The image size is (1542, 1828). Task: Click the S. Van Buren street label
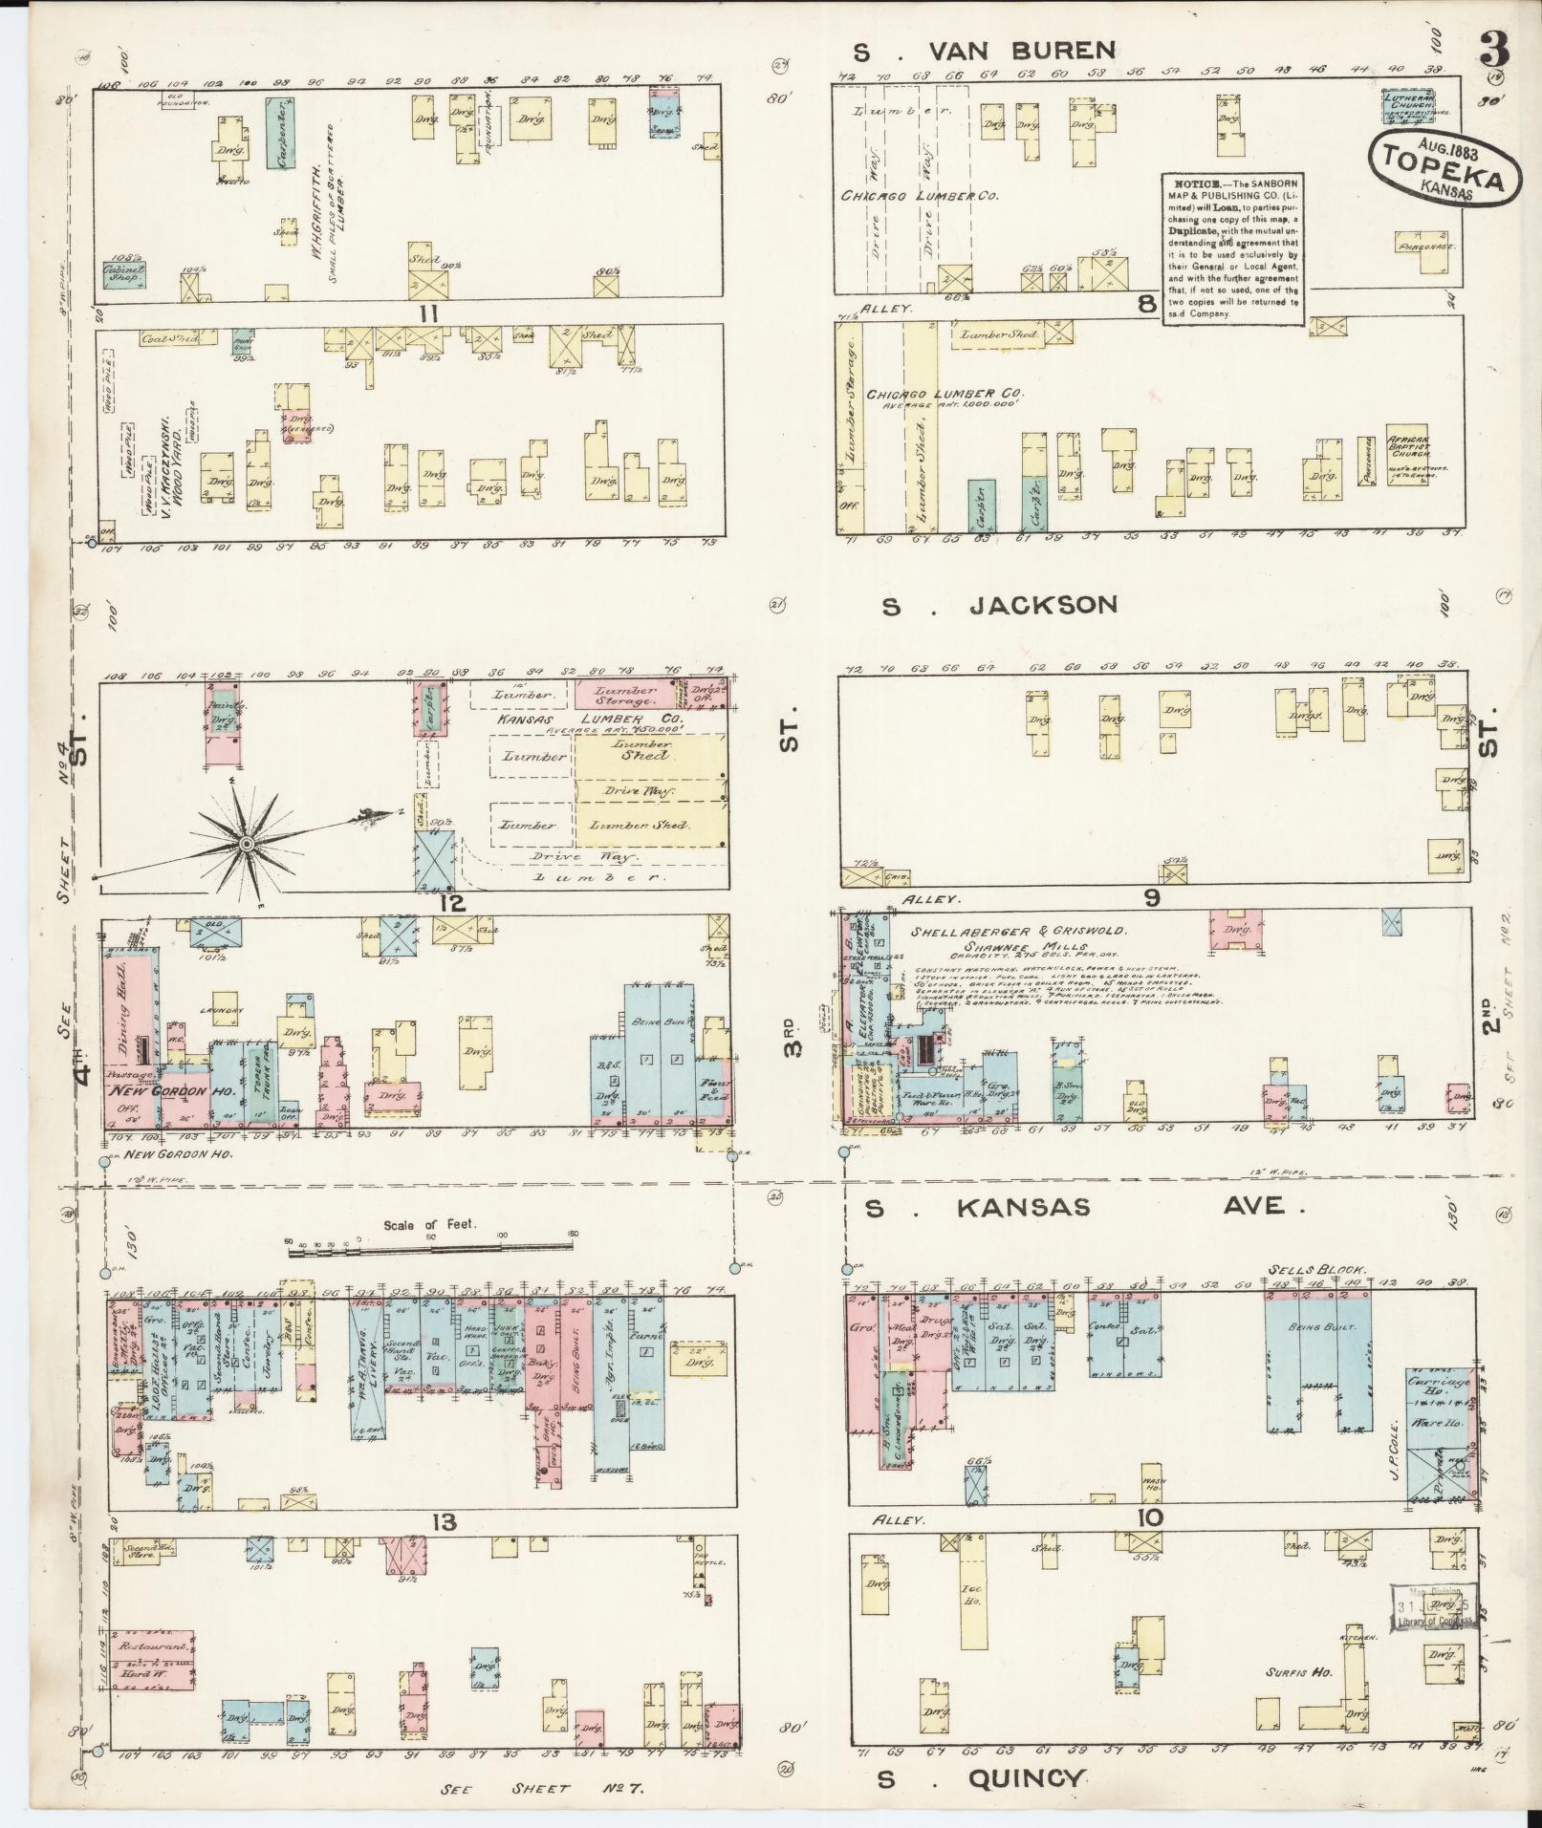tap(985, 51)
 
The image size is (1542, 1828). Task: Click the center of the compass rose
tap(246, 845)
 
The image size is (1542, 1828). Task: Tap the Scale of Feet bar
tap(430, 1241)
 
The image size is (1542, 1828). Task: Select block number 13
tap(444, 1522)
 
